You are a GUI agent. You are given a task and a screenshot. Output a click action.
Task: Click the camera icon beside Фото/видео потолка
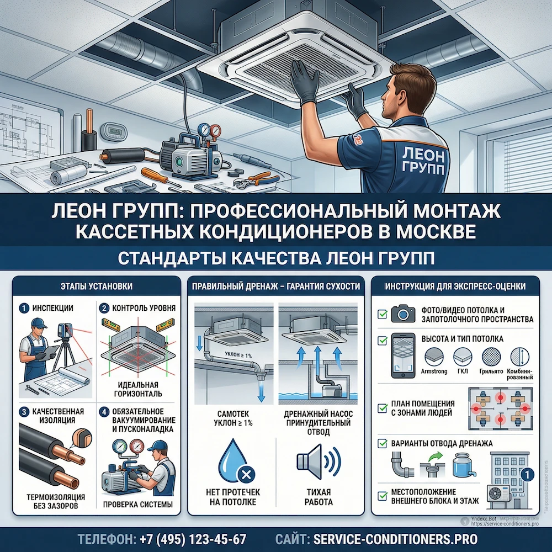point(403,314)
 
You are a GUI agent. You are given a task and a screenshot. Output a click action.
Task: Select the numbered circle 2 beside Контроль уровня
point(103,308)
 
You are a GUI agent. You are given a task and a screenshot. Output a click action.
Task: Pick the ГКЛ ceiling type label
point(463,372)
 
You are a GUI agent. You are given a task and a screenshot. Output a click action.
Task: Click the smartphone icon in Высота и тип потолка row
point(403,355)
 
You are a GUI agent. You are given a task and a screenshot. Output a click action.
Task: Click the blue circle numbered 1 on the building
point(527,474)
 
